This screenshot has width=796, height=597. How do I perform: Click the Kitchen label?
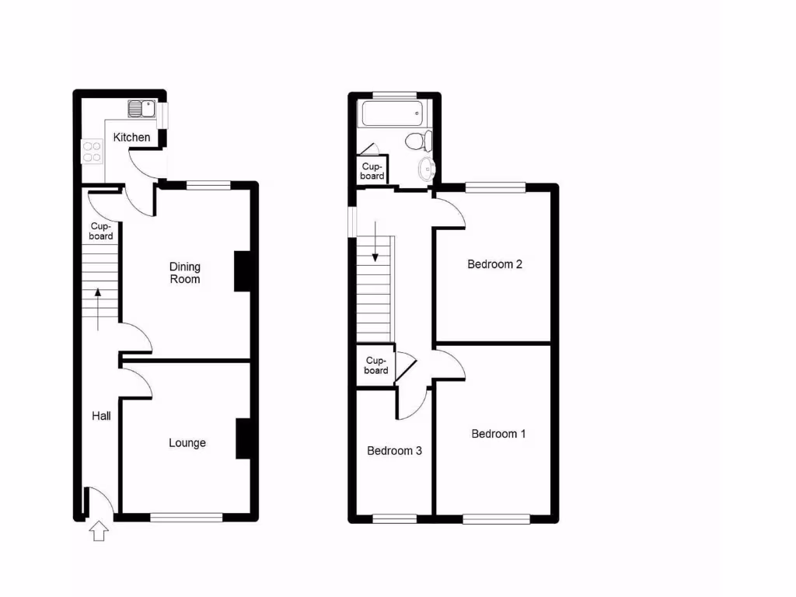(131, 138)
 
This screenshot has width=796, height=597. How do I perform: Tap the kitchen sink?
(141, 109)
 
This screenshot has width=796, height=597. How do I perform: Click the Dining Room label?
(185, 273)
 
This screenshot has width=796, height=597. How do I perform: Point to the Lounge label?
(187, 443)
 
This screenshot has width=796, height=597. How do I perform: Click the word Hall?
(101, 416)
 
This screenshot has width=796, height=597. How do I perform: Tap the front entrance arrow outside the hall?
(99, 532)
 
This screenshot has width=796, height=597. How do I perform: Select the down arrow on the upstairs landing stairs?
(375, 242)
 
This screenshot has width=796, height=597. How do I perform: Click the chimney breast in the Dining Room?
(243, 271)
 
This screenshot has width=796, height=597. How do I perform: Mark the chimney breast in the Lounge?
(243, 438)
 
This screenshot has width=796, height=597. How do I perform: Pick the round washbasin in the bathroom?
(427, 169)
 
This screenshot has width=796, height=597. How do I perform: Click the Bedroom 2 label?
(494, 264)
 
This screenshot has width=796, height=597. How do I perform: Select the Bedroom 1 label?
(498, 434)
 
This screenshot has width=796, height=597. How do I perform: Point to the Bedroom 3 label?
(394, 451)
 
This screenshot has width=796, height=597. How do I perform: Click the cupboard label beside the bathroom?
(372, 172)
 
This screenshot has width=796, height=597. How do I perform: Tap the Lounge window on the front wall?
(187, 516)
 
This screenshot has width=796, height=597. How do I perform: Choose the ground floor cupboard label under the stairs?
(101, 232)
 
